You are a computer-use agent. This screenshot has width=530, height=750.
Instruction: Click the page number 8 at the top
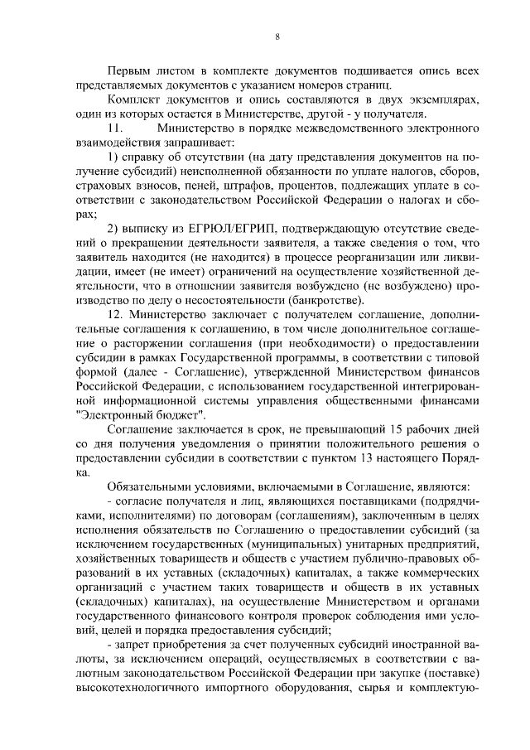[277, 36]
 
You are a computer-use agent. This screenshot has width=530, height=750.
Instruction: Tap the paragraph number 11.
[116, 129]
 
